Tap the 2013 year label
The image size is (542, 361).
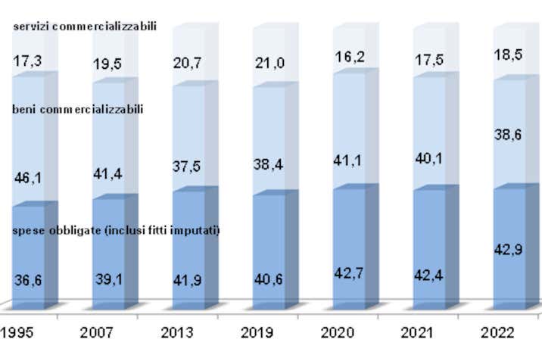[x=177, y=333]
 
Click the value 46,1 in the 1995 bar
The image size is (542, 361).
[x=28, y=179]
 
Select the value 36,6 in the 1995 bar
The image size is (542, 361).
[x=28, y=280]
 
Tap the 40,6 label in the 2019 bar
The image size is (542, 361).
[x=268, y=278]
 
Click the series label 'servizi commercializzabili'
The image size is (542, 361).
[x=85, y=26]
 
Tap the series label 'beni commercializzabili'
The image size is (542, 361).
[x=78, y=109]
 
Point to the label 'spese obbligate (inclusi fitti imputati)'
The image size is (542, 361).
[x=117, y=230]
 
